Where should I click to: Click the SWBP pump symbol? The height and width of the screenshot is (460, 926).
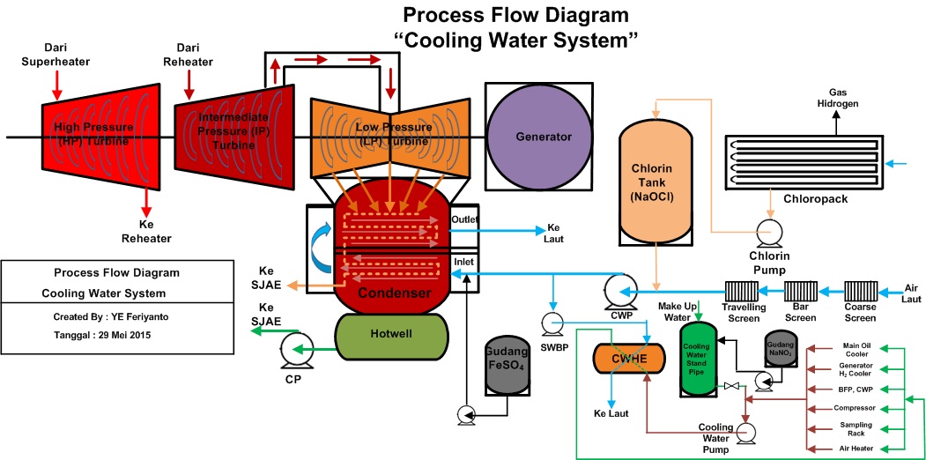click(552, 323)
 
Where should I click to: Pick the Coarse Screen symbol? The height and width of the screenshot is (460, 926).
click(860, 290)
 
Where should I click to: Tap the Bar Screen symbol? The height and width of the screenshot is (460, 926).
click(800, 290)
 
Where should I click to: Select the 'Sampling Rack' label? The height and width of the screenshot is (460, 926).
click(856, 428)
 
